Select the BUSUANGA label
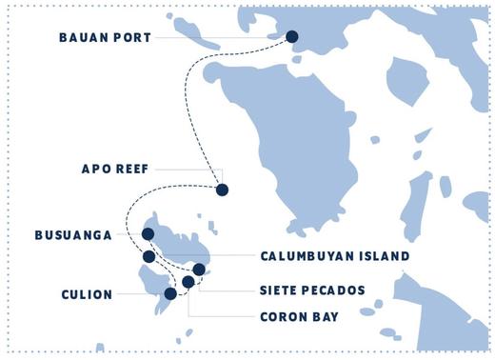73,234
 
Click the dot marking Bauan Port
292,37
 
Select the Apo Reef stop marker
222,190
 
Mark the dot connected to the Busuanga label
148,234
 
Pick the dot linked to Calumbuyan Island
148,256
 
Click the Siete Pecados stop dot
199,270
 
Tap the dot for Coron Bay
188,282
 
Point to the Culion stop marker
170,294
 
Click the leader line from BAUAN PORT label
219,38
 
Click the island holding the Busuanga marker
181,243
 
